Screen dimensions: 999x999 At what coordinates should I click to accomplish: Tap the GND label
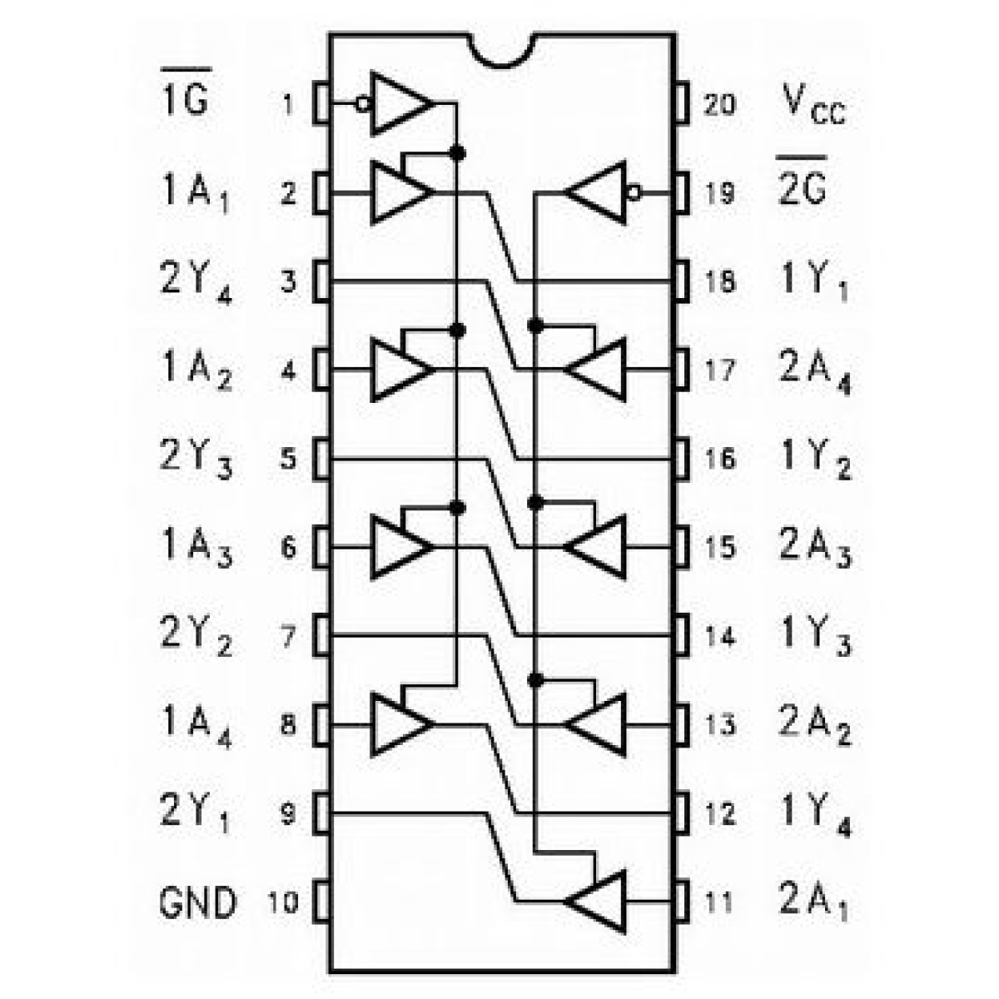pyautogui.click(x=197, y=902)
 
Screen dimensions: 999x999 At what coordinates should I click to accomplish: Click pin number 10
pyautogui.click(x=283, y=902)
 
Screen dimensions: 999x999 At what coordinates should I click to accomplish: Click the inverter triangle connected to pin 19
pyautogui.click(x=598, y=193)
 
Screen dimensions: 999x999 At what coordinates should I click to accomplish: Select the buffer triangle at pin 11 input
pyautogui.click(x=598, y=901)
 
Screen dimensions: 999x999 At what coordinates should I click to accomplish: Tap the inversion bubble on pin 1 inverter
pyautogui.click(x=361, y=104)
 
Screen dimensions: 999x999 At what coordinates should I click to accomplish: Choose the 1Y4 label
pyautogui.click(x=816, y=814)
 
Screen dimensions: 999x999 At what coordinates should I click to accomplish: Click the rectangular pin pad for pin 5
pyautogui.click(x=321, y=459)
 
